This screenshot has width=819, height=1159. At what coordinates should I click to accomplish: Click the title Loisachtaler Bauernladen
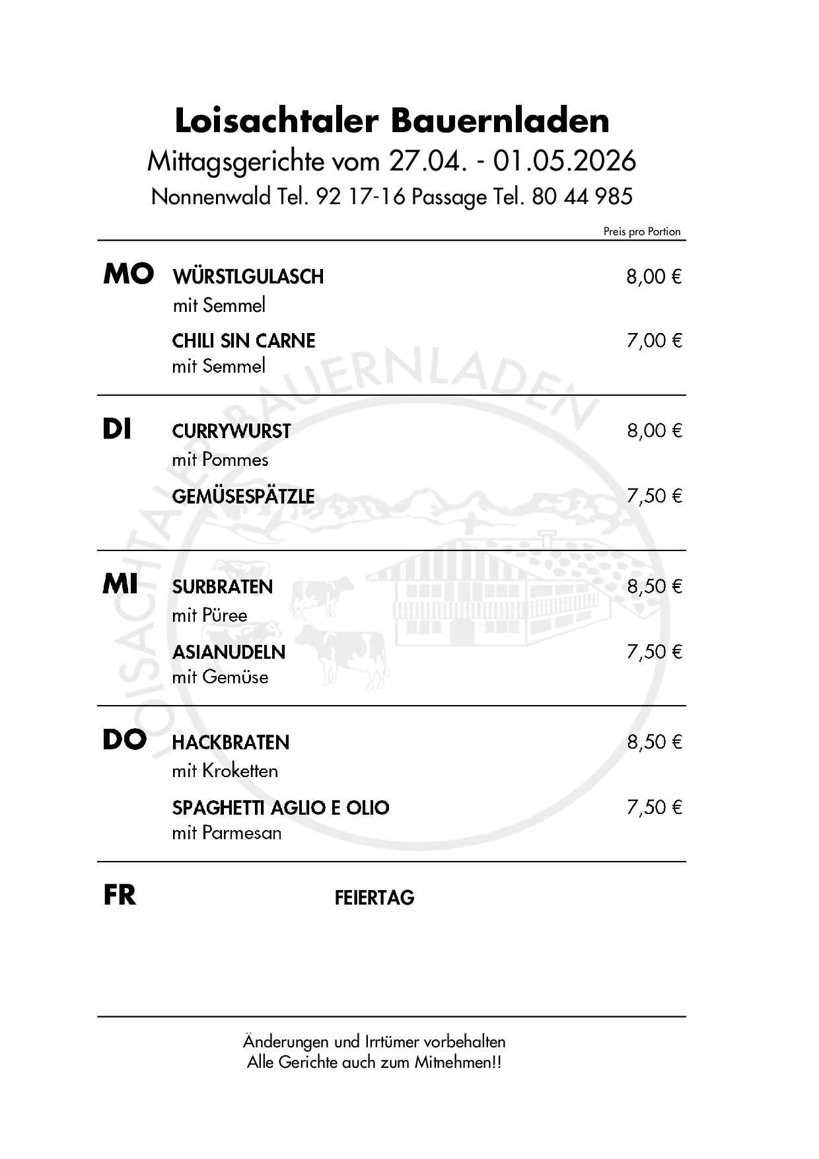pos(392,120)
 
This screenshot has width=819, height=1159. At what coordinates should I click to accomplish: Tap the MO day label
pos(129,274)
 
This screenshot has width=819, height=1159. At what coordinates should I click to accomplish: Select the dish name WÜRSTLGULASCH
pos(248,276)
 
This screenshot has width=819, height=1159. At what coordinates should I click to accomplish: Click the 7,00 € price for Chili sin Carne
pos(654,340)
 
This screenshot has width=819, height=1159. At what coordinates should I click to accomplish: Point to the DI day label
pos(117,430)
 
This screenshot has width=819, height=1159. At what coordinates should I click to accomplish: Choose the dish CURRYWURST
pos(231,431)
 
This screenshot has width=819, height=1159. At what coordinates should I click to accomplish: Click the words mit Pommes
pos(220,459)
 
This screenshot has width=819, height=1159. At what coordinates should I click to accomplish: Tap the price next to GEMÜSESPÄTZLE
pos(654,496)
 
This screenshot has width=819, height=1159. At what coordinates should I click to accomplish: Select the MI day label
pos(120,584)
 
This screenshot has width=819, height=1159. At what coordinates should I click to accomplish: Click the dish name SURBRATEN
pos(223,587)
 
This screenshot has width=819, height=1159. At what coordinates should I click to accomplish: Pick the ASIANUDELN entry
pos(229,652)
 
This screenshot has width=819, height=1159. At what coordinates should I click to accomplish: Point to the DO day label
pos(124,740)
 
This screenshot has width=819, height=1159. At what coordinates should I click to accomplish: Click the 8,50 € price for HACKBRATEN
pos(654,742)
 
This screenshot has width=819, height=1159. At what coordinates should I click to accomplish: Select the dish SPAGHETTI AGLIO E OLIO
pos(281,807)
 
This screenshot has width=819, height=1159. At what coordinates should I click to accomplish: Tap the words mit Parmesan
pos(227,833)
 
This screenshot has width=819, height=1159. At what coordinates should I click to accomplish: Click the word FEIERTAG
pos(374,897)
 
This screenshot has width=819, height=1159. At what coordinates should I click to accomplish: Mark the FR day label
pos(120,895)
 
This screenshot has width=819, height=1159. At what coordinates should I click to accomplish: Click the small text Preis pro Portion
pos(641,231)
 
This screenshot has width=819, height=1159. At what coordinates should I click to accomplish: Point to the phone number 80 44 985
pos(582,196)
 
